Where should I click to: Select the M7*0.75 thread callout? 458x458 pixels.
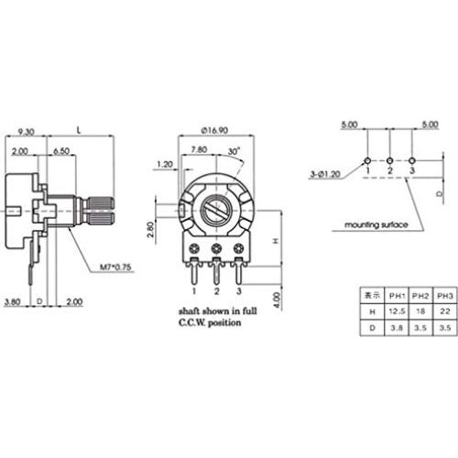click(116, 268)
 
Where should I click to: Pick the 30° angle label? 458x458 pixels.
click(236, 150)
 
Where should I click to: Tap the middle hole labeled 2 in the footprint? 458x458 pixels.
click(389, 158)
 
